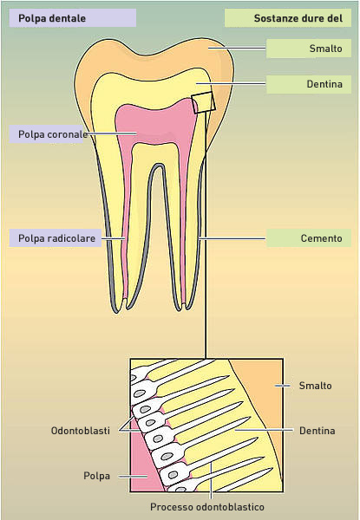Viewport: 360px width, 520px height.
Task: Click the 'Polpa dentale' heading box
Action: tap(72, 18)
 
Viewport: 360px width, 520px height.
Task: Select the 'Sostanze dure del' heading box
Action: tap(288, 18)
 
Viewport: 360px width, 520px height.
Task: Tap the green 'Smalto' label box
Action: tap(309, 49)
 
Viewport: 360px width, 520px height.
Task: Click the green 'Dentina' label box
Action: tap(309, 84)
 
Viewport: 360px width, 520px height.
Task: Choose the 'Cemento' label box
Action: tap(309, 238)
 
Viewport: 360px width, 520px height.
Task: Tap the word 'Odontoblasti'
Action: tap(81, 431)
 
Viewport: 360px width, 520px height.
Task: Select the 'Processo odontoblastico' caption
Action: tap(207, 507)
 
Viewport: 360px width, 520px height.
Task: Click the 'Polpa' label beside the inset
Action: tap(96, 476)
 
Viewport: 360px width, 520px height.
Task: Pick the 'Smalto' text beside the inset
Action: tap(315, 386)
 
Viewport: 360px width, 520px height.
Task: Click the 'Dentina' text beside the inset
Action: tap(317, 431)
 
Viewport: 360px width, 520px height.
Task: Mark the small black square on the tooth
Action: tap(203, 102)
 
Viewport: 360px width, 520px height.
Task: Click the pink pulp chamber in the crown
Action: tap(156, 123)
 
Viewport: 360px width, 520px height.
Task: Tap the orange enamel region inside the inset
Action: tap(262, 398)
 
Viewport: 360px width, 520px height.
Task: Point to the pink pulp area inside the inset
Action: tap(144, 465)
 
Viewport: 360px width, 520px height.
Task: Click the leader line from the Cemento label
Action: tap(232, 238)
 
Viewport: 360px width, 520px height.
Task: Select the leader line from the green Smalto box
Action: tap(237, 48)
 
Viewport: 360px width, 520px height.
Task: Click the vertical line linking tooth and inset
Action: tap(206, 235)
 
